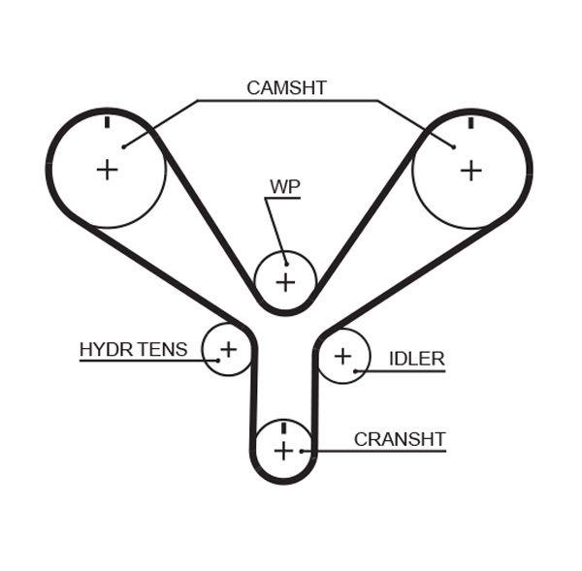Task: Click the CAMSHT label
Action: (x=286, y=88)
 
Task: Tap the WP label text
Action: (x=284, y=185)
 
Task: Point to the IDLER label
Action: (x=416, y=359)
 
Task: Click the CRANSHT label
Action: (x=399, y=439)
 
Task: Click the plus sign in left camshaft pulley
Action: (x=107, y=170)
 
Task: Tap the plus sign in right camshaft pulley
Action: (x=470, y=171)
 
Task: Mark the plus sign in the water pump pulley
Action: (x=285, y=282)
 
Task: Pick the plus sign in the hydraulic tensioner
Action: (x=228, y=348)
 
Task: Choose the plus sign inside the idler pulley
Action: (x=342, y=356)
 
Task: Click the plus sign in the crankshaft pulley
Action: (x=283, y=451)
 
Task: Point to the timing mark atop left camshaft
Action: (x=107, y=123)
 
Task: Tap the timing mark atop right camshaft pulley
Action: (x=470, y=123)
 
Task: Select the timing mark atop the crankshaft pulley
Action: (x=283, y=428)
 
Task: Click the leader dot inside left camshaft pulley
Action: (x=123, y=147)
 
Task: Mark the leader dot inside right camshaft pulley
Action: (x=454, y=147)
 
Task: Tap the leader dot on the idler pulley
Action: (x=357, y=370)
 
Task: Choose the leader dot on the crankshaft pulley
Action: (x=304, y=451)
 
